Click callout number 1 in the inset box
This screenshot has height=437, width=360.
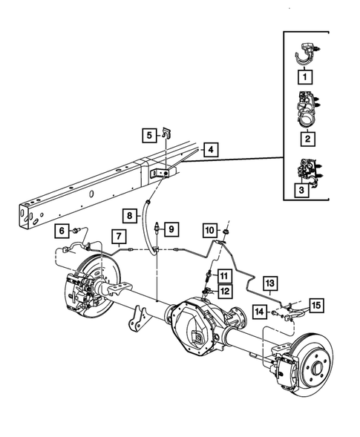304,76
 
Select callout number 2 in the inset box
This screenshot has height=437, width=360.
304,137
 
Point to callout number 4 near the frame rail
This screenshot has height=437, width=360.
212,151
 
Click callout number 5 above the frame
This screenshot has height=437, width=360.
149,135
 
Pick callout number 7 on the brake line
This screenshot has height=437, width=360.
117,237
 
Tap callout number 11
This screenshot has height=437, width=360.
223,277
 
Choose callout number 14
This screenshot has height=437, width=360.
259,312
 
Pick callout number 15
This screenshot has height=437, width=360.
317,304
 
